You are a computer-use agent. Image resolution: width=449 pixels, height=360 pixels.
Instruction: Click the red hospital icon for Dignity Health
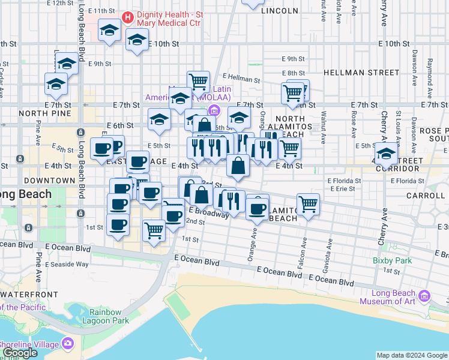[127, 16]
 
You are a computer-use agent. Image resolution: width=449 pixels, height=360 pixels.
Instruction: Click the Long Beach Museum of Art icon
[425, 296]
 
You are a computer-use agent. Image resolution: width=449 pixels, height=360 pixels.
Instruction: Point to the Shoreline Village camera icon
[67, 344]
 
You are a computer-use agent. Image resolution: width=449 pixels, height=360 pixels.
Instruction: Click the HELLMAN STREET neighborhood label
[361, 72]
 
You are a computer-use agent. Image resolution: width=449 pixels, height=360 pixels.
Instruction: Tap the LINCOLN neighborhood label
[280, 11]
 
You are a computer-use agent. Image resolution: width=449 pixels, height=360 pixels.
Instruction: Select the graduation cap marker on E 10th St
[137, 40]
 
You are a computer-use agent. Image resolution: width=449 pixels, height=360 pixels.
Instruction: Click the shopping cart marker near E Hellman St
[197, 81]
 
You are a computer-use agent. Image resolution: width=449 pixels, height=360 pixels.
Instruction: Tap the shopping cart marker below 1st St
[154, 230]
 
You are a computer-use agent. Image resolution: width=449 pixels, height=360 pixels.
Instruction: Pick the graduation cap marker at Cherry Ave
[387, 152]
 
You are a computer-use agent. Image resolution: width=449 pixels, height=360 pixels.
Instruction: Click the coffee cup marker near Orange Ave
[258, 208]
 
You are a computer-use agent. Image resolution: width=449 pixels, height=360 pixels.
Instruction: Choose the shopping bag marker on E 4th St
[238, 165]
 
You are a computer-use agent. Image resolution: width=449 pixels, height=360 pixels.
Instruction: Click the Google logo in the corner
[20, 353]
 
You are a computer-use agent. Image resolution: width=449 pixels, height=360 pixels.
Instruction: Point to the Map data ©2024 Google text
[412, 355]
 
